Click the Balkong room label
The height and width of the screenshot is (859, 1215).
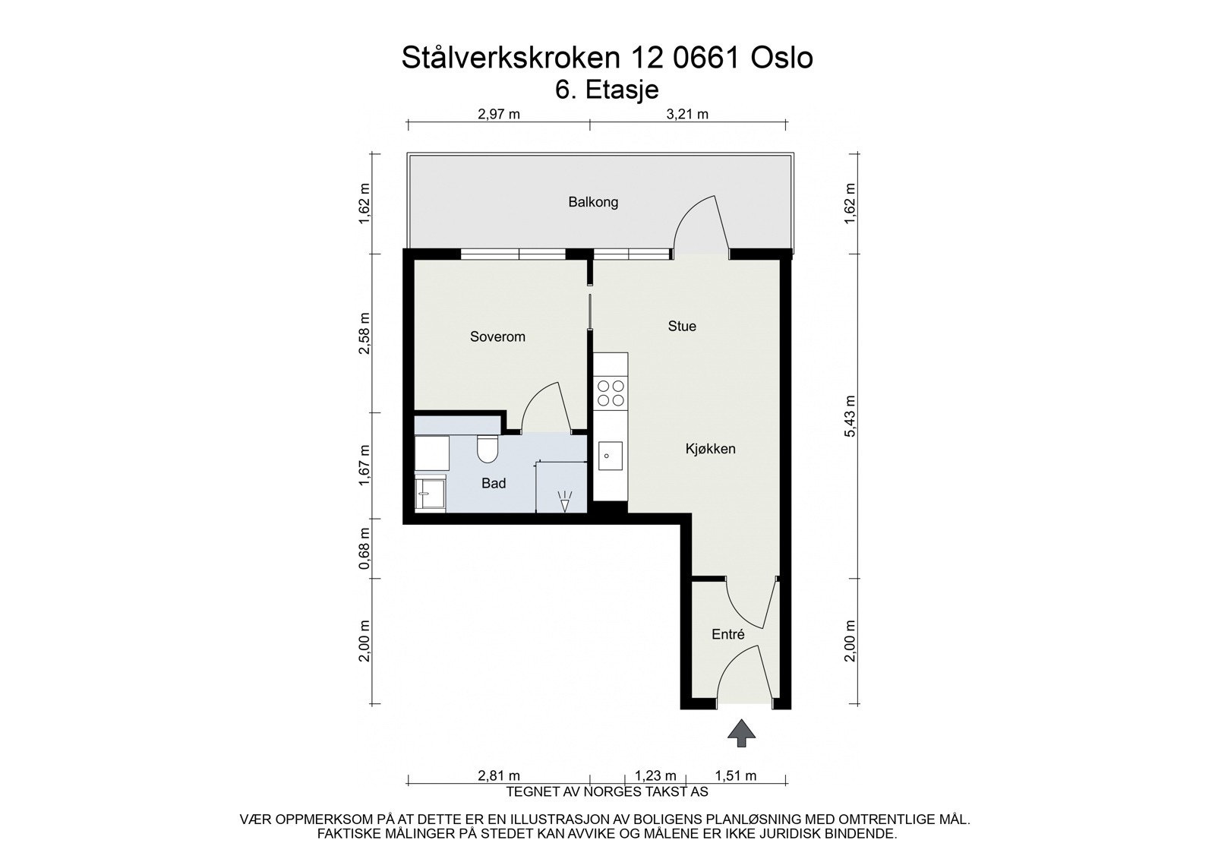click(593, 202)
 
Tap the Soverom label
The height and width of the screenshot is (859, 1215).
click(497, 336)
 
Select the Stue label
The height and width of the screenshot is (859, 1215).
click(682, 326)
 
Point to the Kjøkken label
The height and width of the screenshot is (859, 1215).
click(710, 449)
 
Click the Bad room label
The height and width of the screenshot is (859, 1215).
click(494, 483)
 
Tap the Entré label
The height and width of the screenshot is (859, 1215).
click(727, 635)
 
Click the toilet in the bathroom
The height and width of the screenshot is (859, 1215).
click(486, 450)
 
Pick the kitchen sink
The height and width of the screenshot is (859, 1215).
click(610, 456)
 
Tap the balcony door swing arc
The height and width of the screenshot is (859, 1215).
click(697, 220)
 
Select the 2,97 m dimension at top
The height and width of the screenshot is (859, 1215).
click(498, 115)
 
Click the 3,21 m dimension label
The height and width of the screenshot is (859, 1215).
click(686, 115)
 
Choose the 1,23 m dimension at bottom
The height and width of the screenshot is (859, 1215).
click(655, 775)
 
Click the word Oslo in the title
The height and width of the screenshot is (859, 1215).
click(781, 58)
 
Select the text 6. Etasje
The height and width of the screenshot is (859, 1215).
click(607, 89)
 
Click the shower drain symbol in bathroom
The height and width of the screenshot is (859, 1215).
click(563, 501)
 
